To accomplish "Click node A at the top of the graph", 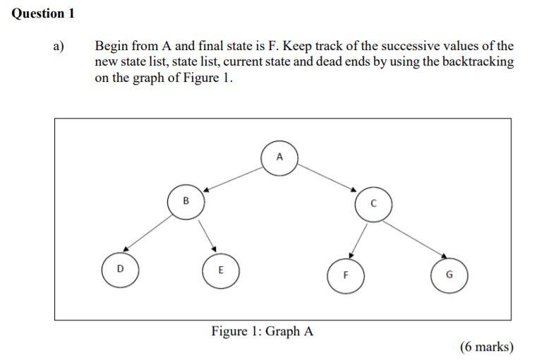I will [x=279, y=157].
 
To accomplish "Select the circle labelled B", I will [x=186, y=201].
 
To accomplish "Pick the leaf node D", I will [x=120, y=269].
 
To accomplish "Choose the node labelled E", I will [x=220, y=270].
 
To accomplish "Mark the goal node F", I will [x=346, y=275].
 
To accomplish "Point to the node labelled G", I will [x=449, y=275].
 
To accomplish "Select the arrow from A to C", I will [x=326, y=179].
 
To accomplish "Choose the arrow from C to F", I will [x=359, y=240].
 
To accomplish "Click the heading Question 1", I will [x=43, y=13].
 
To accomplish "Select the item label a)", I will [x=59, y=47].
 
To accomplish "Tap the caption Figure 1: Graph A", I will [x=262, y=331].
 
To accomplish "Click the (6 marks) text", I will [x=487, y=347].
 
